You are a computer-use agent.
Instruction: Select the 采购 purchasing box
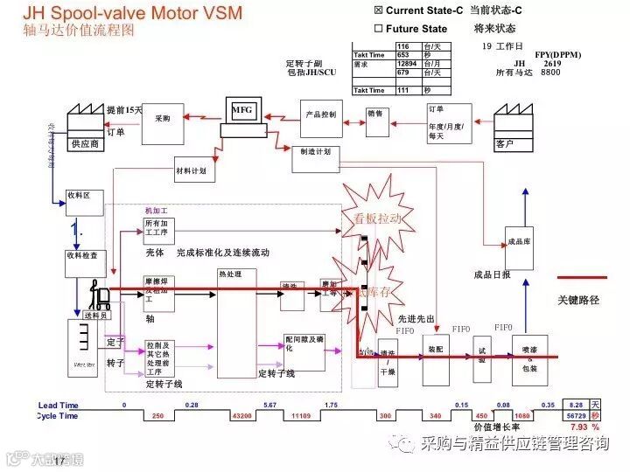pos(163,123)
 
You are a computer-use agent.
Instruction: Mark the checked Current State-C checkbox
pos(378,10)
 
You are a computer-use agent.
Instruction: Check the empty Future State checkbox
pos(378,29)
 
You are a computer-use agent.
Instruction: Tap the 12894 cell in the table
pos(407,64)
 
